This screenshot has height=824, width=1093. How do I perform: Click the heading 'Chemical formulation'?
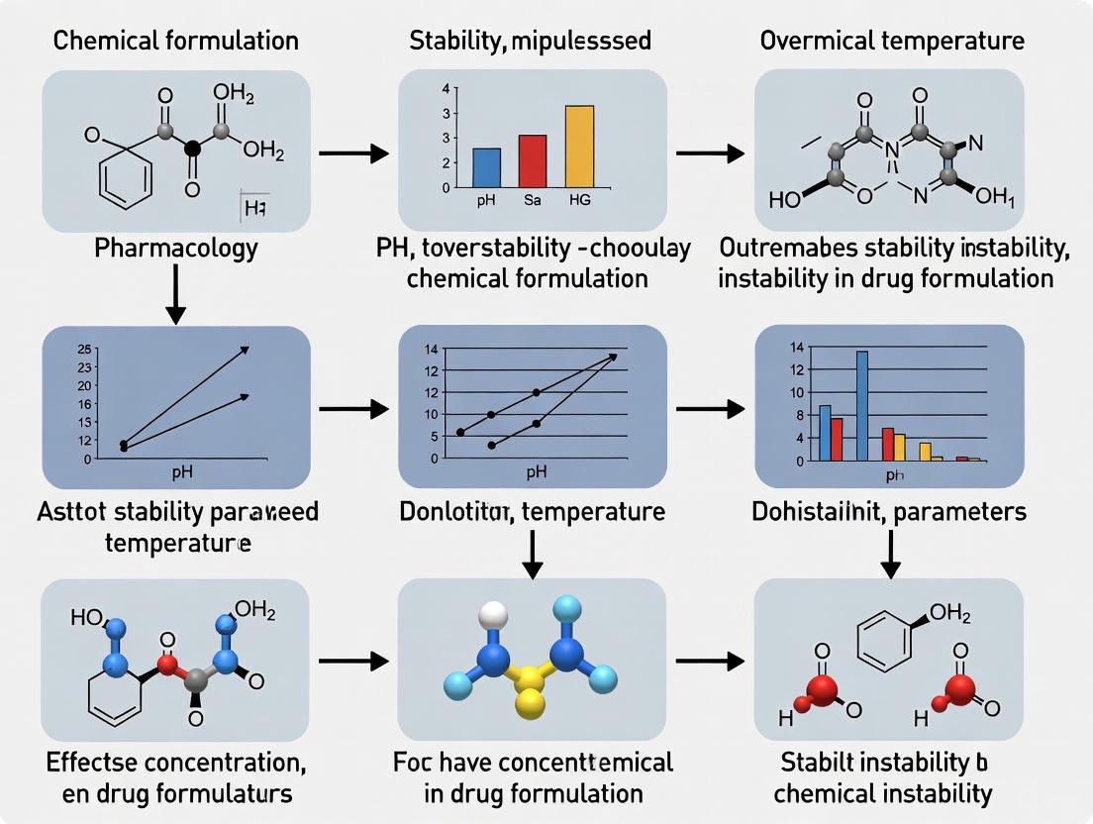pyautogui.click(x=175, y=41)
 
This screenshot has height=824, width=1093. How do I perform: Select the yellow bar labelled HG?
pyautogui.click(x=579, y=146)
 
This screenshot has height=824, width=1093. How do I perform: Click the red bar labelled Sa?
pyautogui.click(x=533, y=160)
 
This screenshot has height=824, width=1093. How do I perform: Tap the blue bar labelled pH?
pyautogui.click(x=487, y=167)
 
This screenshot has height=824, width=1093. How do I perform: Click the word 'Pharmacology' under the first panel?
pyautogui.click(x=175, y=247)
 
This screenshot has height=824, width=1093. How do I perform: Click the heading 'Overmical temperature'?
pyautogui.click(x=892, y=41)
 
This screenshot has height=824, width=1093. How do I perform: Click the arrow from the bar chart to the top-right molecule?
pyautogui.click(x=709, y=154)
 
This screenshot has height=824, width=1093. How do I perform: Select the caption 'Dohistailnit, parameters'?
pyautogui.click(x=889, y=512)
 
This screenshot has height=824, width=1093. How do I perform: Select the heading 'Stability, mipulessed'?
pyautogui.click(x=530, y=41)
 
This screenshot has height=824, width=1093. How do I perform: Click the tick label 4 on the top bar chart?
pyautogui.click(x=446, y=89)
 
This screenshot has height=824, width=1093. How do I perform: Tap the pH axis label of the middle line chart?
pyautogui.click(x=537, y=471)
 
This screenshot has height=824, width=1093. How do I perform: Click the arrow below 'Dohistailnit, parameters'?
pyautogui.click(x=890, y=553)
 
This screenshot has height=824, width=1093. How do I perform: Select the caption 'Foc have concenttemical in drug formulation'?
pyautogui.click(x=532, y=776)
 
